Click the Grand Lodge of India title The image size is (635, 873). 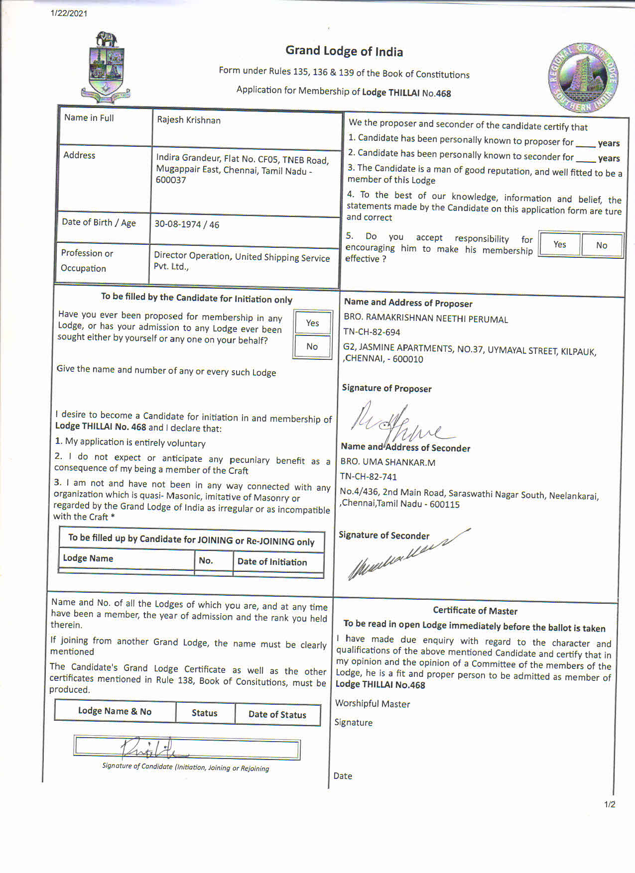344,51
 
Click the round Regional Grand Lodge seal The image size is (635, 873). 583,78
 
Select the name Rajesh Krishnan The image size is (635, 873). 189,120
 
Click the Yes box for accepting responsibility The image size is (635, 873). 560,244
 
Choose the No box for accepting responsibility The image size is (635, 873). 602,245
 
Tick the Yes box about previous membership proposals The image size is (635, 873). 312,323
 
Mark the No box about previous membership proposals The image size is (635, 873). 312,346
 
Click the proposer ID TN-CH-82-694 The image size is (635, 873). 372,332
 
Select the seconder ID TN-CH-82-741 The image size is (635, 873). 369,476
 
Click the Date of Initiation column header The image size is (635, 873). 272,562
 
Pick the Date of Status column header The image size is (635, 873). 277,714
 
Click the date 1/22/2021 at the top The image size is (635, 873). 69,13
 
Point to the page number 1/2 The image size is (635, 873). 610,804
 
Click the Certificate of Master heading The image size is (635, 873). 475,611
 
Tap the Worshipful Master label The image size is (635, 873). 373,703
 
